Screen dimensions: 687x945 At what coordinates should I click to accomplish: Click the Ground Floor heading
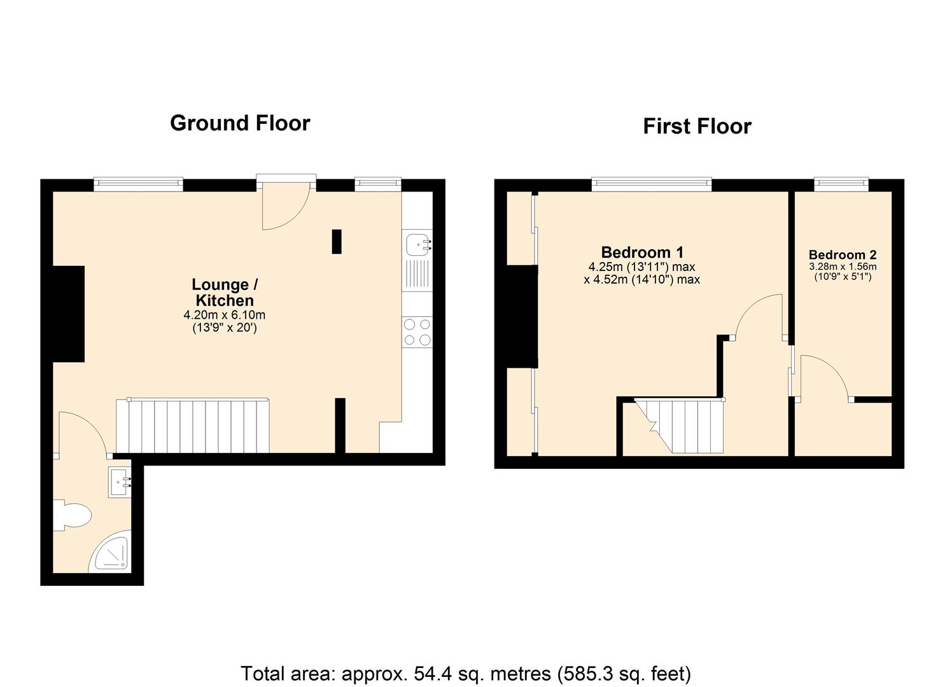click(x=240, y=123)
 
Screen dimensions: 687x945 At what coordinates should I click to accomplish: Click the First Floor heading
click(x=697, y=126)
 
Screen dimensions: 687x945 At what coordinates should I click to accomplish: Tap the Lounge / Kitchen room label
click(x=225, y=293)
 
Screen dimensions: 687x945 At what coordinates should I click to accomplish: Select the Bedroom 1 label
click(x=642, y=253)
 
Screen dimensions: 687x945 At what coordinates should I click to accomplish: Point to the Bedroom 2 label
click(x=843, y=254)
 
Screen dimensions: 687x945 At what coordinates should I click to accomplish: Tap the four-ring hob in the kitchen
click(x=417, y=332)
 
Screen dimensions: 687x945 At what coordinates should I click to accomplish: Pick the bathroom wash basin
click(x=119, y=482)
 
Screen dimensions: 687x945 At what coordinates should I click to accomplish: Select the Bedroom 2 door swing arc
click(x=823, y=377)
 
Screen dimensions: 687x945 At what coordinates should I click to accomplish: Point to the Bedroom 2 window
click(x=841, y=184)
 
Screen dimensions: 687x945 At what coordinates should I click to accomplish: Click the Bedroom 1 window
click(x=651, y=184)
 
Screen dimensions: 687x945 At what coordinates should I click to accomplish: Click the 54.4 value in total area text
click(x=430, y=673)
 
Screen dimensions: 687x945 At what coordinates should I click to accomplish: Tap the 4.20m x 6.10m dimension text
click(x=225, y=315)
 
